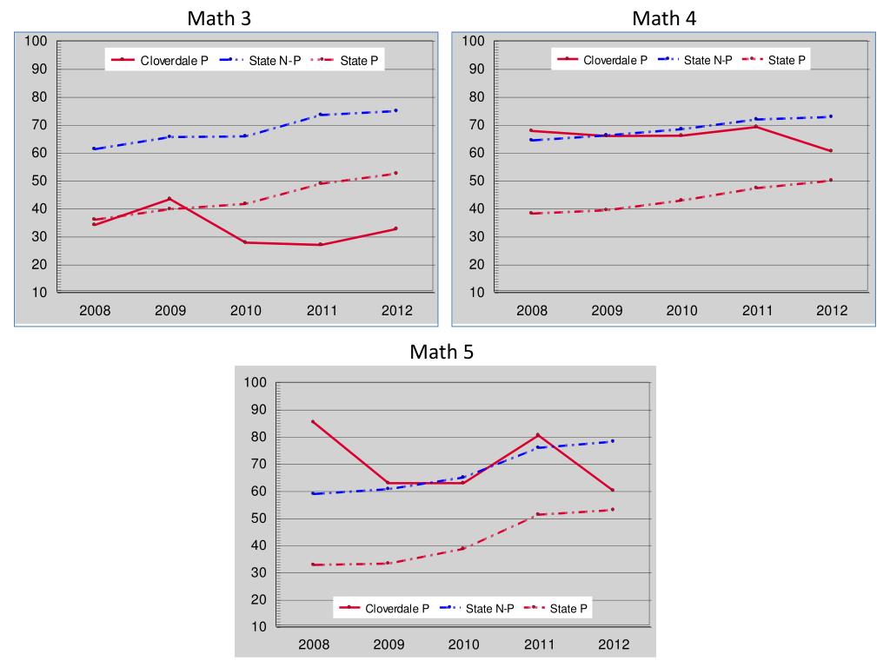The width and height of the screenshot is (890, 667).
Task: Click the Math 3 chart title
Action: [220, 17]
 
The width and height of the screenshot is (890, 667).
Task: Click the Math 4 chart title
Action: [664, 17]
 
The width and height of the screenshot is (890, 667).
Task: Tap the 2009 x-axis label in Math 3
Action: [170, 311]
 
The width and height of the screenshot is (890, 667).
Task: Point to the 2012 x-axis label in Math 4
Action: [831, 311]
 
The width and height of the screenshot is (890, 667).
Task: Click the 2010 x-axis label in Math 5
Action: [463, 644]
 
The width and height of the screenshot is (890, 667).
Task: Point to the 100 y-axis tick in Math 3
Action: [36, 41]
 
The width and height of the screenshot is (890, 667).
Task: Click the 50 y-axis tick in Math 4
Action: [474, 181]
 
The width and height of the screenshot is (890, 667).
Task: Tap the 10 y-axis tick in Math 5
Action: [256, 626]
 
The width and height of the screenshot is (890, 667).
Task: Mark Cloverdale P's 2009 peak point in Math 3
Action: [169, 199]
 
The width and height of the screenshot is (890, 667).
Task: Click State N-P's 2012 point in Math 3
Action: [395, 110]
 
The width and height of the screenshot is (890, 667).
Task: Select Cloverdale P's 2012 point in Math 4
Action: [831, 150]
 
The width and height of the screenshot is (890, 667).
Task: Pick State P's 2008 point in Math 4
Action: [532, 214]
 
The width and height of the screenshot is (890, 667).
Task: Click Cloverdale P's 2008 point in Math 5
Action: [313, 422]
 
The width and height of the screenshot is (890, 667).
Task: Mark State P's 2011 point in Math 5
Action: [538, 514]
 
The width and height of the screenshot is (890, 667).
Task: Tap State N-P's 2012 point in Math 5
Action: [613, 441]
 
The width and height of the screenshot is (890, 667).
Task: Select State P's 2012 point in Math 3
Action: [395, 173]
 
